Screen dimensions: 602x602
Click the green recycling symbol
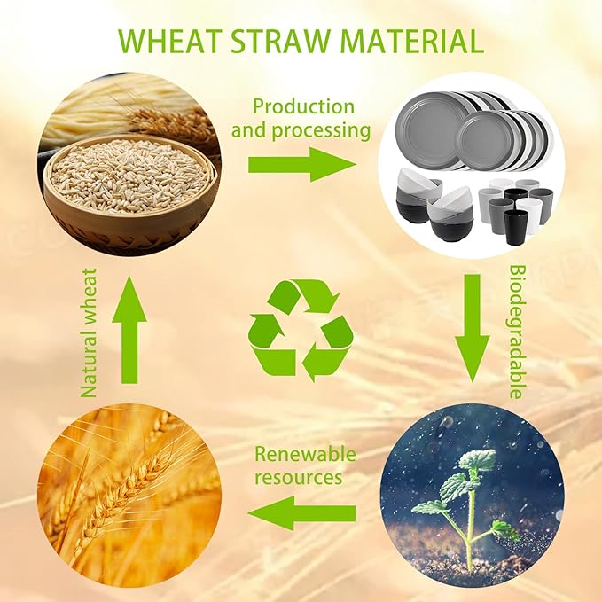click(301, 330)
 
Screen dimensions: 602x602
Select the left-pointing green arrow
click(301, 513)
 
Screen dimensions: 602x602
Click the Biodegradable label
click(517, 330)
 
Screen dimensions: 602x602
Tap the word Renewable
click(305, 455)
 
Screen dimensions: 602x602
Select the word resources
click(298, 477)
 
